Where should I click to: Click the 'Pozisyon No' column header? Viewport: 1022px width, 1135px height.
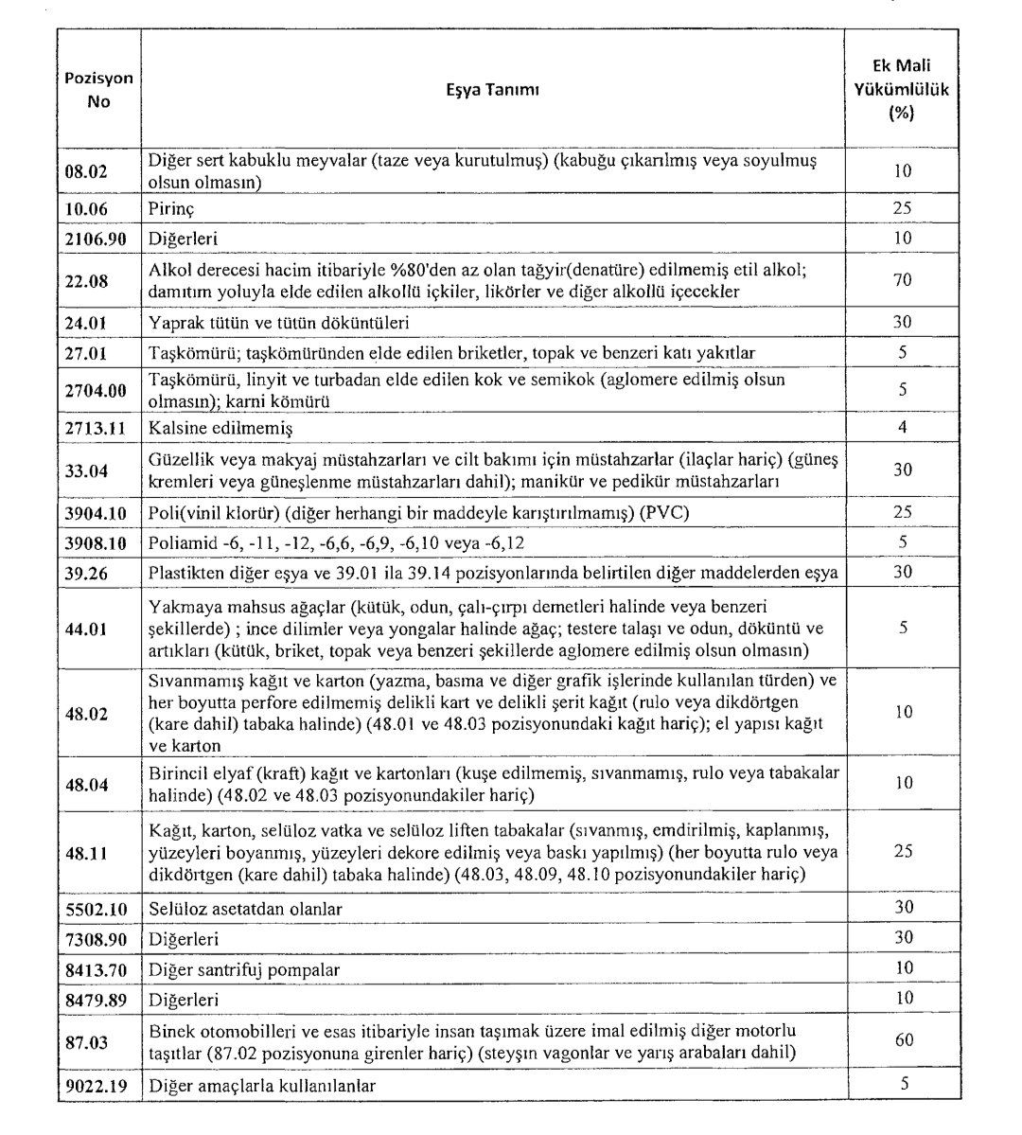pos(98,90)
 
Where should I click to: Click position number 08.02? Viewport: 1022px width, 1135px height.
pos(85,171)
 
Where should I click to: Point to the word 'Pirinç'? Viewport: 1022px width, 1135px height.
pos(172,206)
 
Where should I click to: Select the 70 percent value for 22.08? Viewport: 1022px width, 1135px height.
pos(902,281)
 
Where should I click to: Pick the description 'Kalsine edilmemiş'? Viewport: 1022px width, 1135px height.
pos(220,428)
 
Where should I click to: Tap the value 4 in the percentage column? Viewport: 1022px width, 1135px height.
pos(903,427)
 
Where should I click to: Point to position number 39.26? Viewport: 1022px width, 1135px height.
pos(85,573)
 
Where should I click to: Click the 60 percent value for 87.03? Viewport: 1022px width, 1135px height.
pos(903,1040)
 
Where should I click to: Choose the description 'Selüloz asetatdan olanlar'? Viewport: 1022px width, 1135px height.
pos(245,909)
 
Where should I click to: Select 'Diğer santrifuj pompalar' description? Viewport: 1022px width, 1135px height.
pos(244,969)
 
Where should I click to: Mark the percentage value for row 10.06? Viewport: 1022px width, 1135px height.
pos(903,205)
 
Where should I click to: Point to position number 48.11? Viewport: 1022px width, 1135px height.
pos(85,852)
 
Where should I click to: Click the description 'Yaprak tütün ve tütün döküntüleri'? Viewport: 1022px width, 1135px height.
pos(278,323)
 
